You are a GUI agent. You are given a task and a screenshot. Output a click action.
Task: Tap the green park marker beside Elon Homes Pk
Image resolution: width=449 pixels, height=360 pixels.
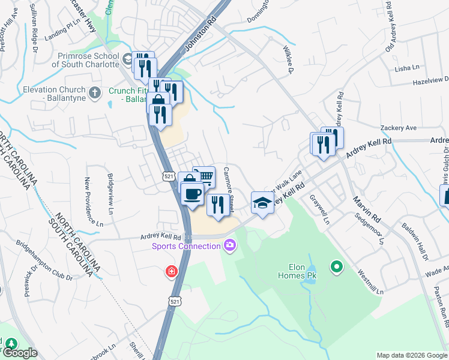(337, 266)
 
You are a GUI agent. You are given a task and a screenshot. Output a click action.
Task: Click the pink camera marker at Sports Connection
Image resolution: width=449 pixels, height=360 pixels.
(230, 245)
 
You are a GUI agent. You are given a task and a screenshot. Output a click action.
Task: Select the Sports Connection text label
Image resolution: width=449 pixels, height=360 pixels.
(186, 246)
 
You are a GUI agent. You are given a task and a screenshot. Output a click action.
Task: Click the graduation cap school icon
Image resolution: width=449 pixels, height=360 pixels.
(262, 202)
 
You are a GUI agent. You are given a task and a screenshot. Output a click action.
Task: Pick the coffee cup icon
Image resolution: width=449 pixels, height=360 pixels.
(193, 193)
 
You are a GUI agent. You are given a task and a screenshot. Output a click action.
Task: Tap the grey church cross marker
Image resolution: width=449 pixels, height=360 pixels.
(94, 92)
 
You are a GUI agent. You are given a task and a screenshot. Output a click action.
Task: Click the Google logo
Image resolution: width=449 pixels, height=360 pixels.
(20, 353)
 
